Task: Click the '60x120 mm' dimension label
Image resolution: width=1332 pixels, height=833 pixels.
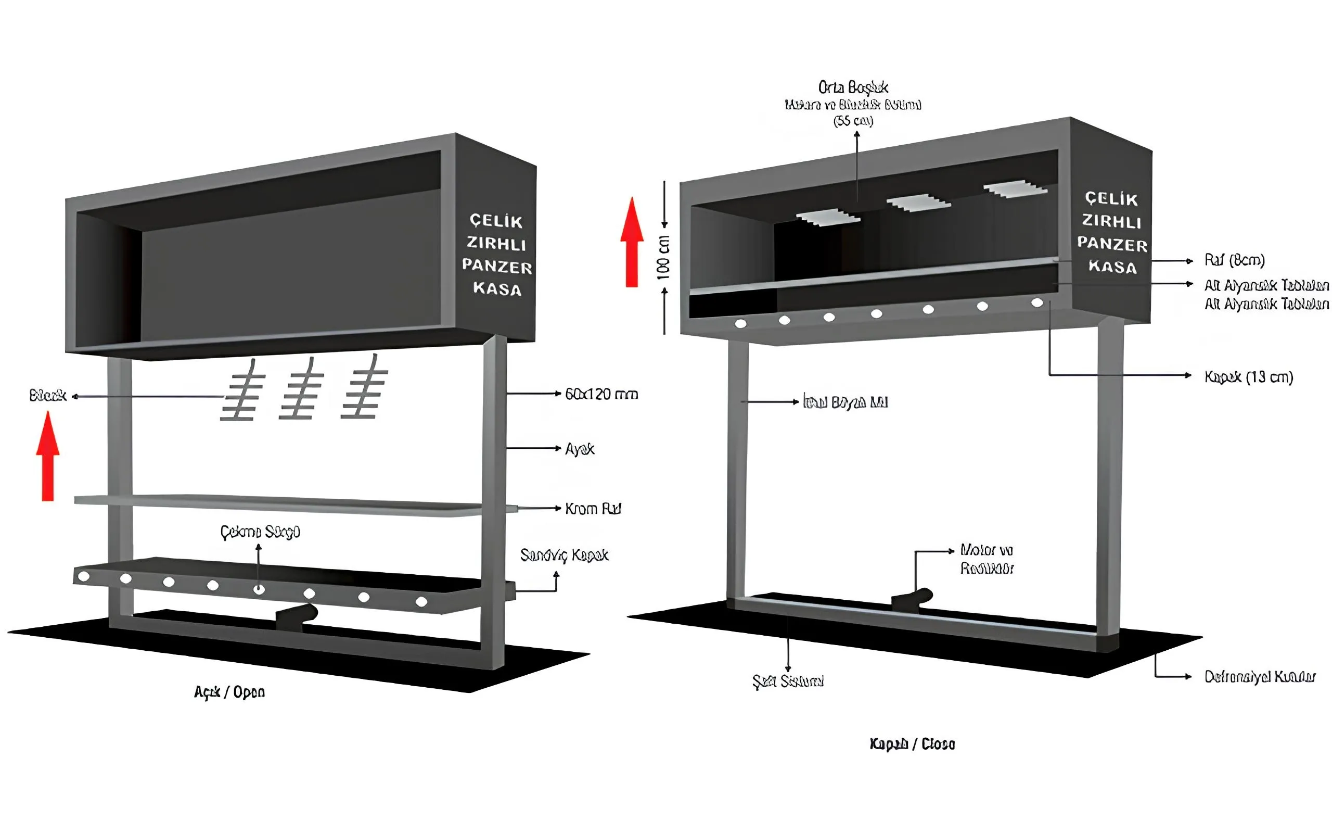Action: pos(601,394)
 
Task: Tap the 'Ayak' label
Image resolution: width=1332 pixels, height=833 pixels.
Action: pos(580,449)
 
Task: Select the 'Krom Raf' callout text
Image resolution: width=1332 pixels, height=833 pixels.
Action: pos(593,509)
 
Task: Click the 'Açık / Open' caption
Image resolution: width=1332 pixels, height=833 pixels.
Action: pos(229,692)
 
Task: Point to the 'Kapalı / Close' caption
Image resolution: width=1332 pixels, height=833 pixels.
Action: pos(912,744)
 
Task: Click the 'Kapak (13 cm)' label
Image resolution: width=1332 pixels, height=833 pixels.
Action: pos(1248,377)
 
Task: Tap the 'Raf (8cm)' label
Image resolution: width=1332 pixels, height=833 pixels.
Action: pos(1234,260)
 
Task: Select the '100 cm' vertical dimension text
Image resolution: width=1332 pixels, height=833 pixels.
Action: pos(663,257)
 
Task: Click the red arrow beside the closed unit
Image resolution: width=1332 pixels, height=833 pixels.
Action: pos(632,243)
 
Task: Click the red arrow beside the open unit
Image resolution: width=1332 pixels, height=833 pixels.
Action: pos(48,457)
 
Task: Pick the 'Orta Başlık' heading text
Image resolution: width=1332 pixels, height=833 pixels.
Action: pos(853,87)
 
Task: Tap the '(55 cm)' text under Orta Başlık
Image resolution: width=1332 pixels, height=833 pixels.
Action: pos(853,121)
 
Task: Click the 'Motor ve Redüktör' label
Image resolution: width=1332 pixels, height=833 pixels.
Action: pos(987,559)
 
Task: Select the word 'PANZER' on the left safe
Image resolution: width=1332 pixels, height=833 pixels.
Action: pos(496,266)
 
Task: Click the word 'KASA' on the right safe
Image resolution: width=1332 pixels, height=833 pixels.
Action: pos(1112,267)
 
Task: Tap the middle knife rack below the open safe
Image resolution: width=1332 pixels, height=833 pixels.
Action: pos(301,389)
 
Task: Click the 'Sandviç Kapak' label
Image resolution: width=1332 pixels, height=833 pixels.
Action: pos(564,556)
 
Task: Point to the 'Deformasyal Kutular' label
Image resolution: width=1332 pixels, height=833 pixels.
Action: pos(1259,676)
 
